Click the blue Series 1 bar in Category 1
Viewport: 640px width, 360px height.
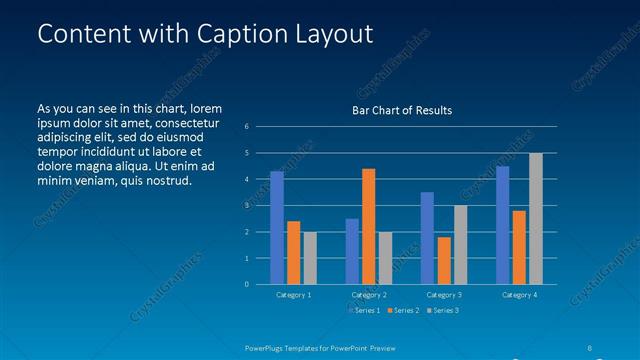[277, 228]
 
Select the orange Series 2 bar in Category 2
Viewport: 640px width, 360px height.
[369, 226]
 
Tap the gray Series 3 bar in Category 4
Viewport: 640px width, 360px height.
[536, 219]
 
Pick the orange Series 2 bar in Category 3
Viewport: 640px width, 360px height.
[444, 260]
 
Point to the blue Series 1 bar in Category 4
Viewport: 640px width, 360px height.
[503, 225]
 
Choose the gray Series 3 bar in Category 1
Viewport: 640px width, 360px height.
[310, 258]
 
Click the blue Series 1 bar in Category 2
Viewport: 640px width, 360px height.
[352, 251]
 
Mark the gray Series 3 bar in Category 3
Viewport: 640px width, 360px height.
[460, 245]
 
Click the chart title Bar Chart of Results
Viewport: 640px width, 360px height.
[402, 110]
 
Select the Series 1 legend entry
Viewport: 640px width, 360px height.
[364, 311]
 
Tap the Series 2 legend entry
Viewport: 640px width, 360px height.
[402, 311]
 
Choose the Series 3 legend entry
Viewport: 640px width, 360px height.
[441, 311]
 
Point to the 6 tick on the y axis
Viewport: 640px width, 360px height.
[247, 127]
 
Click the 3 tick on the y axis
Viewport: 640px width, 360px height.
[247, 205]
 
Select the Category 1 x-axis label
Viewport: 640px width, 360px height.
[294, 295]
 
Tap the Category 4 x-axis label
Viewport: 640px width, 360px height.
[519, 295]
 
